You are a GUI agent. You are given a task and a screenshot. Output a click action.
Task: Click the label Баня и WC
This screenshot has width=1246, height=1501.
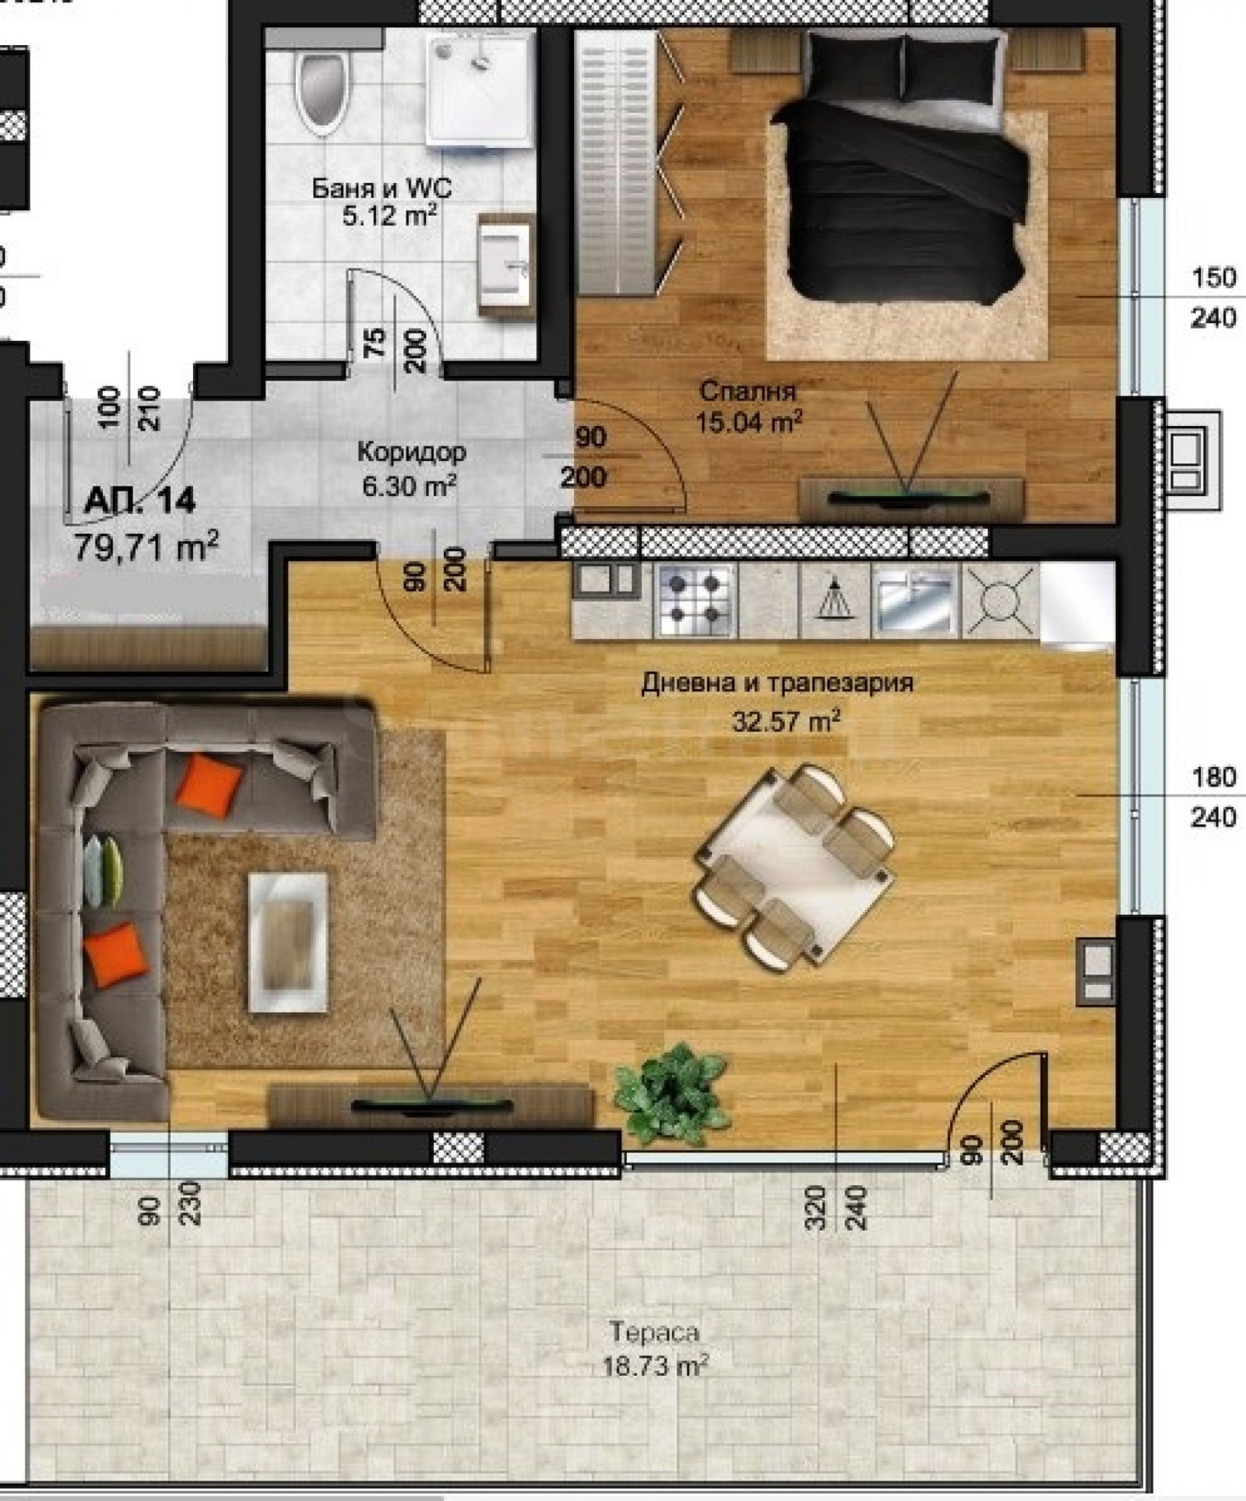point(382,188)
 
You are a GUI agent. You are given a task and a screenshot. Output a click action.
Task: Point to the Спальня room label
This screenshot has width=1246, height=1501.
point(747,390)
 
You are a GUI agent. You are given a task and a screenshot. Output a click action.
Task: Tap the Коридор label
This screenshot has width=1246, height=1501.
point(411,452)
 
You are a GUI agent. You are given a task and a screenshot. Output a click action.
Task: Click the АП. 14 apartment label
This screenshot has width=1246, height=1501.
point(139,501)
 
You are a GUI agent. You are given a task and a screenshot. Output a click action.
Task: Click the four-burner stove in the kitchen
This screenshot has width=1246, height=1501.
point(695,599)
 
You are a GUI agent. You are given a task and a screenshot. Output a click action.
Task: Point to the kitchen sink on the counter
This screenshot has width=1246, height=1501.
point(915,601)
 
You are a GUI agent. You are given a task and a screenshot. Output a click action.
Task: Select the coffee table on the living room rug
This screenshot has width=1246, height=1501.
point(287,942)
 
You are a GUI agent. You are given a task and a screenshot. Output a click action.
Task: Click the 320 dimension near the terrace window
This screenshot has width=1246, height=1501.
point(815,1207)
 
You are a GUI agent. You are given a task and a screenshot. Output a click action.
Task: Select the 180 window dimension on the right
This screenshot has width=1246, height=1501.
point(1214,776)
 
